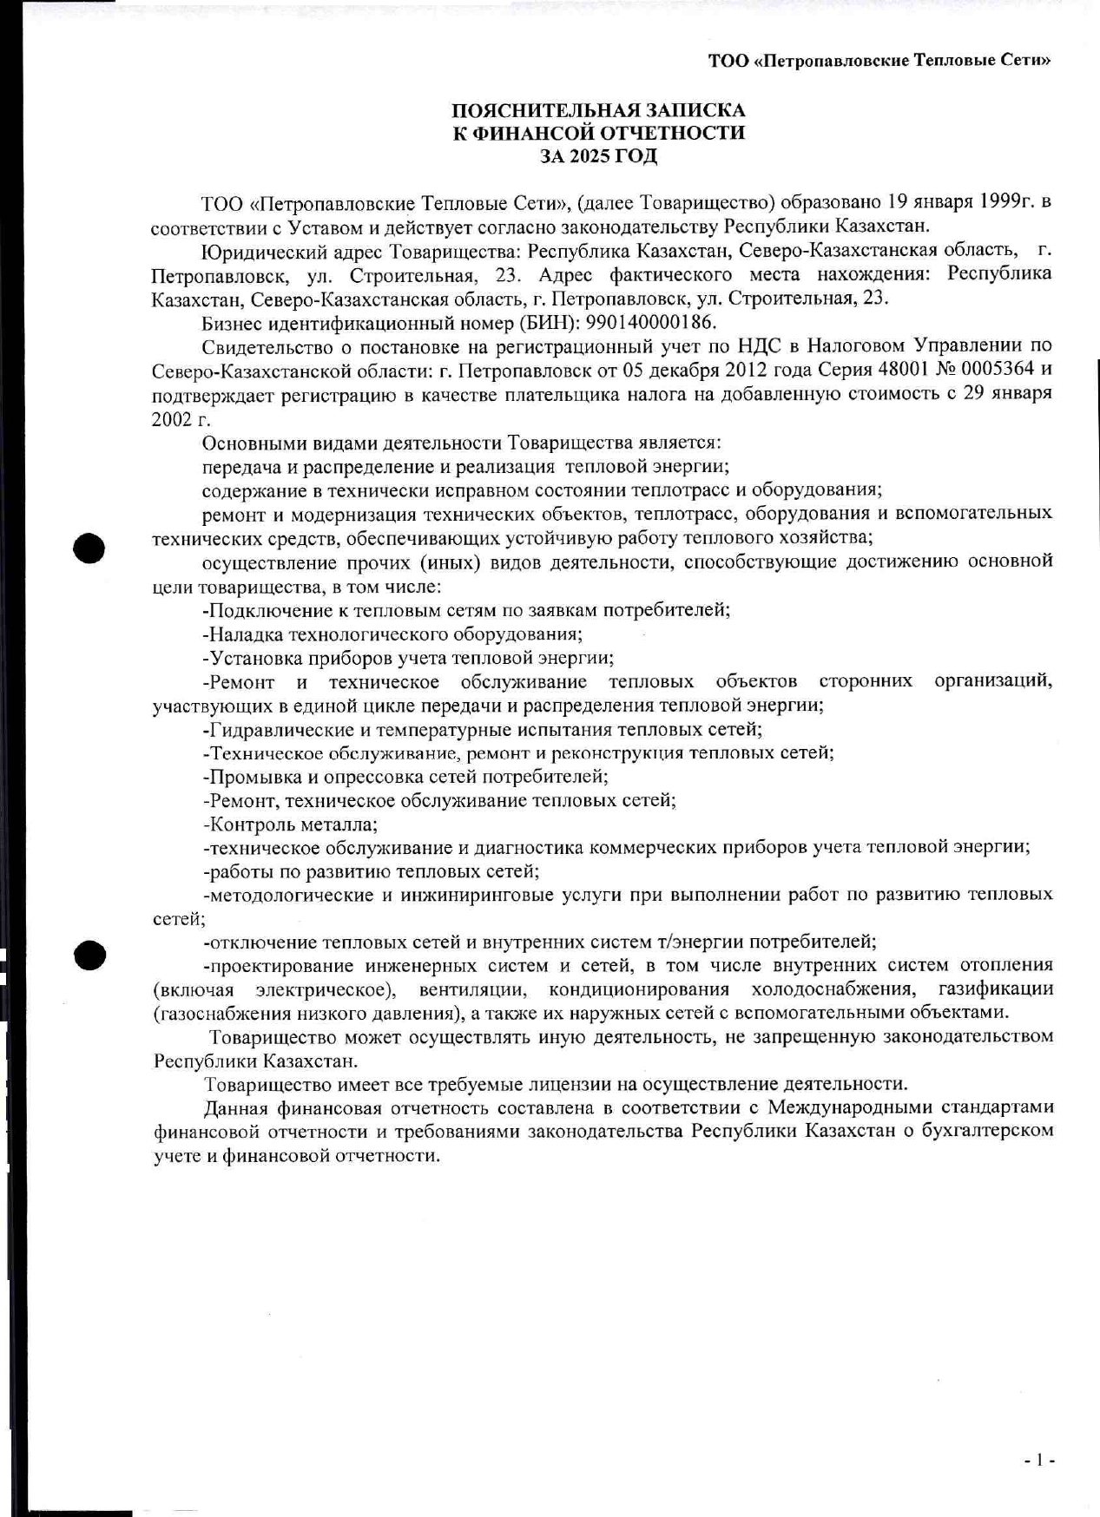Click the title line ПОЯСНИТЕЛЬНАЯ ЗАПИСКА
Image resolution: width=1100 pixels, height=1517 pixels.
click(598, 110)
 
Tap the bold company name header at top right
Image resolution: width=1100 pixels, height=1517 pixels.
click(879, 60)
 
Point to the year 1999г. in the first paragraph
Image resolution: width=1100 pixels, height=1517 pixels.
click(1006, 202)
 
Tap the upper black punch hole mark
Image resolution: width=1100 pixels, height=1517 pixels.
click(89, 548)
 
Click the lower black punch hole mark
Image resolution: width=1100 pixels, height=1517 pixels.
click(89, 954)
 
